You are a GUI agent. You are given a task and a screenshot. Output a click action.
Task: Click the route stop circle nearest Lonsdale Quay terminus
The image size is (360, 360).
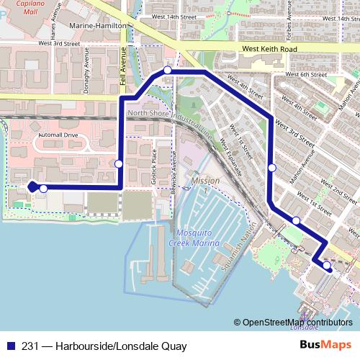click(x=327, y=266)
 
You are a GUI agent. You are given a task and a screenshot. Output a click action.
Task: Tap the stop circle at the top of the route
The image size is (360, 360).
click(x=167, y=70)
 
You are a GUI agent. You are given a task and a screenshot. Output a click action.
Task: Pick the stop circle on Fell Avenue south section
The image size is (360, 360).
click(x=119, y=163)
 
